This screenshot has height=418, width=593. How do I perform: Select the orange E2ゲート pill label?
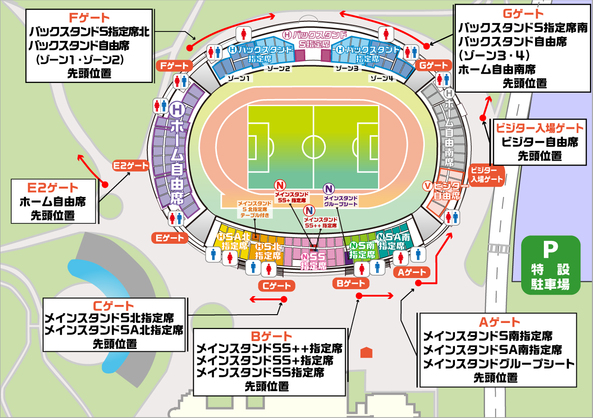[131, 165]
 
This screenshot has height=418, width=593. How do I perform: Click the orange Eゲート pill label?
[169, 238]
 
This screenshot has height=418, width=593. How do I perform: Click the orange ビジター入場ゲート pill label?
[487, 175]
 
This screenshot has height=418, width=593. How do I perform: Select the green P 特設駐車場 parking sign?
[550, 265]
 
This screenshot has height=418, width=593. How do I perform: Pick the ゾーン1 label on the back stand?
[239, 79]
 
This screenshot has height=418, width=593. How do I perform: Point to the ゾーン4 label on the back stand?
[381, 79]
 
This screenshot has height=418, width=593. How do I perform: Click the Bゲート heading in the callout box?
[271, 336]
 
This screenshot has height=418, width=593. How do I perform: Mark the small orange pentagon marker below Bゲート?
[366, 352]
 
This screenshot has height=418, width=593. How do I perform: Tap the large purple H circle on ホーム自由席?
[177, 110]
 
